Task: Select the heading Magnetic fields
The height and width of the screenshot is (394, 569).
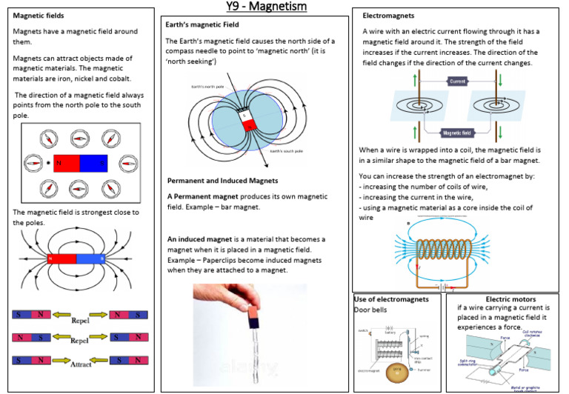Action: tap(39, 16)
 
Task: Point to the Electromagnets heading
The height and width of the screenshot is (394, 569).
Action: tap(388, 16)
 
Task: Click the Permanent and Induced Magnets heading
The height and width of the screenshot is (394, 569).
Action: tap(222, 180)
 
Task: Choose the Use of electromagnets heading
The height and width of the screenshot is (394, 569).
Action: tap(392, 299)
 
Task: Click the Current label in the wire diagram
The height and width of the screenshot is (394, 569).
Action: tap(457, 81)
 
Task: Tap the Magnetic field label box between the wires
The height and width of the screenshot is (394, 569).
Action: tap(458, 133)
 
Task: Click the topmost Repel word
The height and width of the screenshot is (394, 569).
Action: tap(81, 321)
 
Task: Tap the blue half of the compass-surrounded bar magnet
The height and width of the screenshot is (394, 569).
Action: tap(93, 163)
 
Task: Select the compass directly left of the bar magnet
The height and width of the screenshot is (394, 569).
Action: tap(33, 162)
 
